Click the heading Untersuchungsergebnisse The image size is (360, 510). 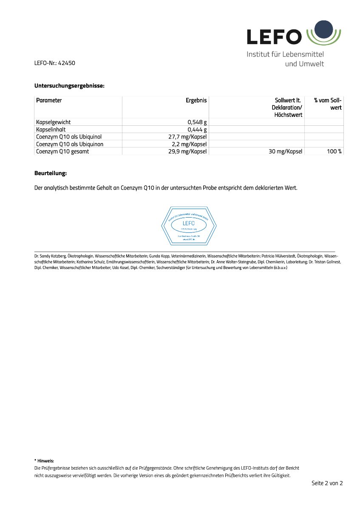pyautogui.click(x=69, y=86)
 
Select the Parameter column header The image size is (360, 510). pyautogui.click(x=49, y=101)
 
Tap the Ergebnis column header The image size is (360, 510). pyautogui.click(x=196, y=101)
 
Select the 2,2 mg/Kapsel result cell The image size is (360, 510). pyautogui.click(x=189, y=144)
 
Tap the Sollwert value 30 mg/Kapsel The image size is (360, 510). pyautogui.click(x=285, y=151)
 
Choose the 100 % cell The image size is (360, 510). pyautogui.click(x=334, y=151)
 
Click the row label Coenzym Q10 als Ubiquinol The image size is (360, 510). pyautogui.click(x=69, y=137)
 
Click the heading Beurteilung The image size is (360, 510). pyautogui.click(x=51, y=173)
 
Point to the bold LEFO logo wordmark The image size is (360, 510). pyautogui.click(x=275, y=37)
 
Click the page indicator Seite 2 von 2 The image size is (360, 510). pyautogui.click(x=327, y=483)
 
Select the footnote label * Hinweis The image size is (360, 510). pyautogui.click(x=44, y=460)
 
